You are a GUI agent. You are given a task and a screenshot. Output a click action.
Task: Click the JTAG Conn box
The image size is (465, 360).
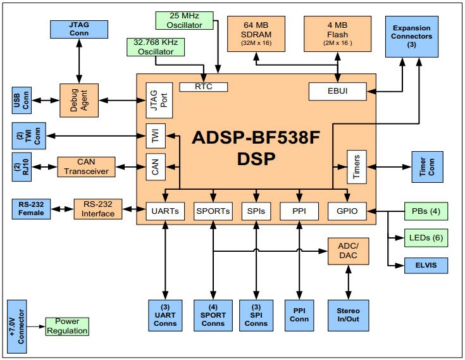click(x=78, y=28)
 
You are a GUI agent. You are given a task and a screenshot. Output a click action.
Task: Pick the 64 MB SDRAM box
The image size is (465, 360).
click(x=256, y=34)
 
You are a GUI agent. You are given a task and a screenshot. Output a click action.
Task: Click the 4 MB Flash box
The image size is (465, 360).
click(x=336, y=34)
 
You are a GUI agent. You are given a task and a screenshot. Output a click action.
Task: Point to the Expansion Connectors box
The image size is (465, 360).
click(x=412, y=37)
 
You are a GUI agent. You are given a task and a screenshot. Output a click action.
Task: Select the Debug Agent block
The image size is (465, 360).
click(x=78, y=99)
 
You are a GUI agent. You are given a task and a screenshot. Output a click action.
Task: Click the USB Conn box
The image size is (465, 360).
click(x=21, y=99)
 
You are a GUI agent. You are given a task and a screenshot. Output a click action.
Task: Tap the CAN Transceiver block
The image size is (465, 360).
click(x=85, y=166)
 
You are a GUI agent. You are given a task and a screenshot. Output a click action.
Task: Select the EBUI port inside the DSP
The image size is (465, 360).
click(x=337, y=91)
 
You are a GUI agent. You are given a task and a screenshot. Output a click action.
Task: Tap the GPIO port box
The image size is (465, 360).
click(x=347, y=211)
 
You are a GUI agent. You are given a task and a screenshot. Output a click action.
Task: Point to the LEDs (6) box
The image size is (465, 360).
click(x=426, y=238)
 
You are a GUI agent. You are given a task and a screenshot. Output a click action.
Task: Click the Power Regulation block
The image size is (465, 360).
click(x=67, y=326)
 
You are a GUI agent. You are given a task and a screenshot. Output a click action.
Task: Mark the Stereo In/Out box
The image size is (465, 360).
click(x=348, y=314)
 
